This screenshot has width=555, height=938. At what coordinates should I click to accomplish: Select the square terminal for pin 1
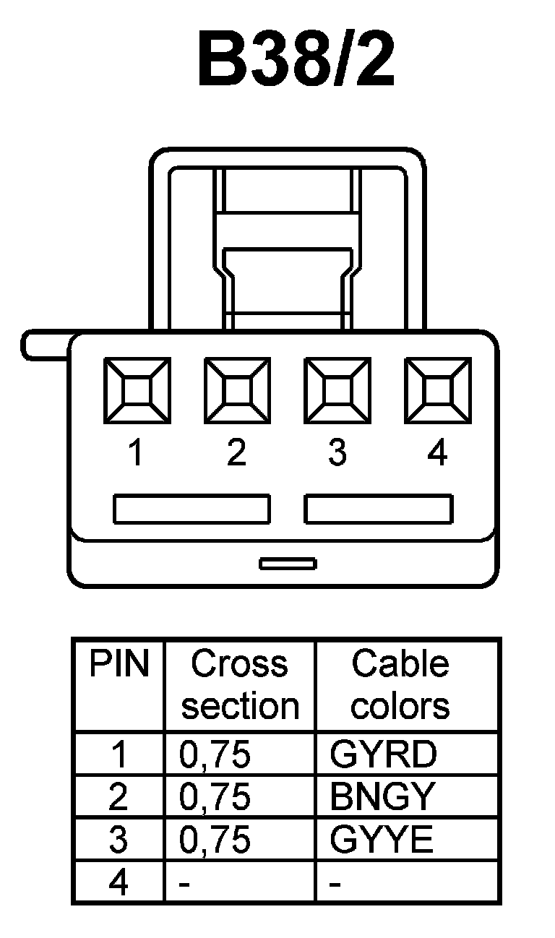pyautogui.click(x=137, y=391)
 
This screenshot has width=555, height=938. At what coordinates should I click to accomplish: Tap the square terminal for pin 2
pyautogui.click(x=237, y=391)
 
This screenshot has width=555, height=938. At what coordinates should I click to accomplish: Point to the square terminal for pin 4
pyautogui.click(x=437, y=391)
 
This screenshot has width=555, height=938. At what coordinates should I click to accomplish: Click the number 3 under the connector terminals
pyautogui.click(x=337, y=453)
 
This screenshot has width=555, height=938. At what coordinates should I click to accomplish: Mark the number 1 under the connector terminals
pyautogui.click(x=135, y=453)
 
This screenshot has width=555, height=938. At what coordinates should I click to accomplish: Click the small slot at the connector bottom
pyautogui.click(x=288, y=563)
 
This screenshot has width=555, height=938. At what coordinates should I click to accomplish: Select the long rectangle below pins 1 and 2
pyautogui.click(x=192, y=509)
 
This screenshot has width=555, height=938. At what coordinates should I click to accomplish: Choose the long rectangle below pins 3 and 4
pyautogui.click(x=379, y=509)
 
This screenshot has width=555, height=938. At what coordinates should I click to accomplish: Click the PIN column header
pyautogui.click(x=119, y=664)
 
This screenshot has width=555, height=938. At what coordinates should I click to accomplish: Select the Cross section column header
pyautogui.click(x=240, y=684)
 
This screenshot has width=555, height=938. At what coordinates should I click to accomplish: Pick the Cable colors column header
pyautogui.click(x=400, y=684)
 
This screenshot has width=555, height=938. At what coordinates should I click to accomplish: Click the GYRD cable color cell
pyautogui.click(x=383, y=754)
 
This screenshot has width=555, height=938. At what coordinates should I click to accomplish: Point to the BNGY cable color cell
pyautogui.click(x=383, y=797)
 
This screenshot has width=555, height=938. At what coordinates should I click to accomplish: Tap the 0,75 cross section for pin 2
pyautogui.click(x=215, y=797)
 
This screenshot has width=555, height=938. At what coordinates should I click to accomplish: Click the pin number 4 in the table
pyautogui.click(x=119, y=883)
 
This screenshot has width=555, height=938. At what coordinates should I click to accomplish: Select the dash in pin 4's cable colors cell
pyautogui.click(x=335, y=884)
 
